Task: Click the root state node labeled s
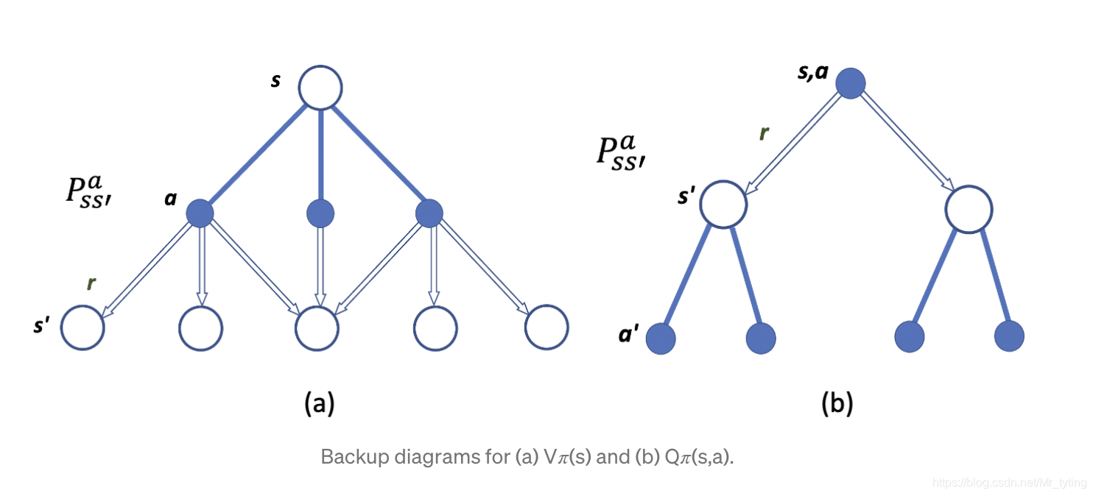320,88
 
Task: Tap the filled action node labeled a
199,213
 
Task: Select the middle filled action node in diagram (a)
320,213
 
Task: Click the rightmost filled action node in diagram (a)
429,213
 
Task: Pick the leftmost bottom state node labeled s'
82,328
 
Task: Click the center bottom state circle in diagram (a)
317,328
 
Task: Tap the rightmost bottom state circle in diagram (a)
547,326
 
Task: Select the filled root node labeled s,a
850,83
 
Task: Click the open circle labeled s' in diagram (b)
723,204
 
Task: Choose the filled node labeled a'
661,339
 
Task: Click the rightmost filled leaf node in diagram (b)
1009,336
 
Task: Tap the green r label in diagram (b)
764,133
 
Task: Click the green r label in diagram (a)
91,284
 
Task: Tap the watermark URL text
1008,483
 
